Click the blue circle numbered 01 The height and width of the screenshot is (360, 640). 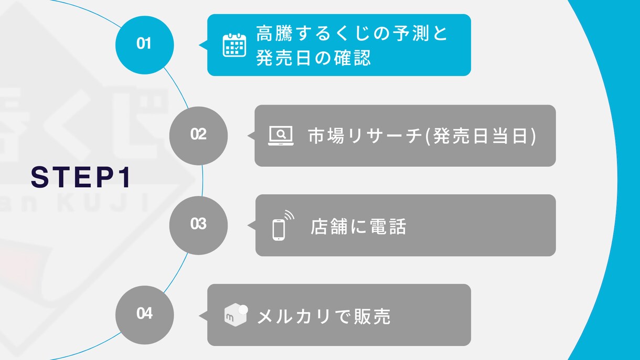(x=145, y=45)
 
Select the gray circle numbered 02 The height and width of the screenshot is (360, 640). (x=199, y=136)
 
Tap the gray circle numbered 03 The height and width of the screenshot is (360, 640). (x=199, y=226)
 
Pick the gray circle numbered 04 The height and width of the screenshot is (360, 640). (x=145, y=315)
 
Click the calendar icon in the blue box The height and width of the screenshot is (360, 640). (x=234, y=45)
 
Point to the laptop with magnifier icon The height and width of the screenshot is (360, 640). (x=281, y=136)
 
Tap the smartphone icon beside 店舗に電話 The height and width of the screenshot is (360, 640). (x=283, y=226)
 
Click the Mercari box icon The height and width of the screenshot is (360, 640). (x=236, y=315)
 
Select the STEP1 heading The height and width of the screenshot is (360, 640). (x=81, y=177)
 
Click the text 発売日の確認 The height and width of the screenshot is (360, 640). (x=313, y=58)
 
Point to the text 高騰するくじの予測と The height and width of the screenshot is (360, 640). (x=351, y=33)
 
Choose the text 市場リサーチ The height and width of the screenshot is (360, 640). (x=366, y=136)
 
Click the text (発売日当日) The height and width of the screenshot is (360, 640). (x=481, y=136)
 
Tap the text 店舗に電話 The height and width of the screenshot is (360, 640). (x=358, y=227)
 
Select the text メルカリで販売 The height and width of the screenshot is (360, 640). (x=324, y=316)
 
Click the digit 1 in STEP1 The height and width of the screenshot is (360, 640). (x=126, y=177)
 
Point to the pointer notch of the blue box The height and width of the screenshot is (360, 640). (x=203, y=45)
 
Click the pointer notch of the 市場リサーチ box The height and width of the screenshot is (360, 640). (x=251, y=135)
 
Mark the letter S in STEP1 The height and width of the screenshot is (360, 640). (x=39, y=177)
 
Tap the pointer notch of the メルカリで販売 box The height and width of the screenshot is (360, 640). (x=203, y=315)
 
